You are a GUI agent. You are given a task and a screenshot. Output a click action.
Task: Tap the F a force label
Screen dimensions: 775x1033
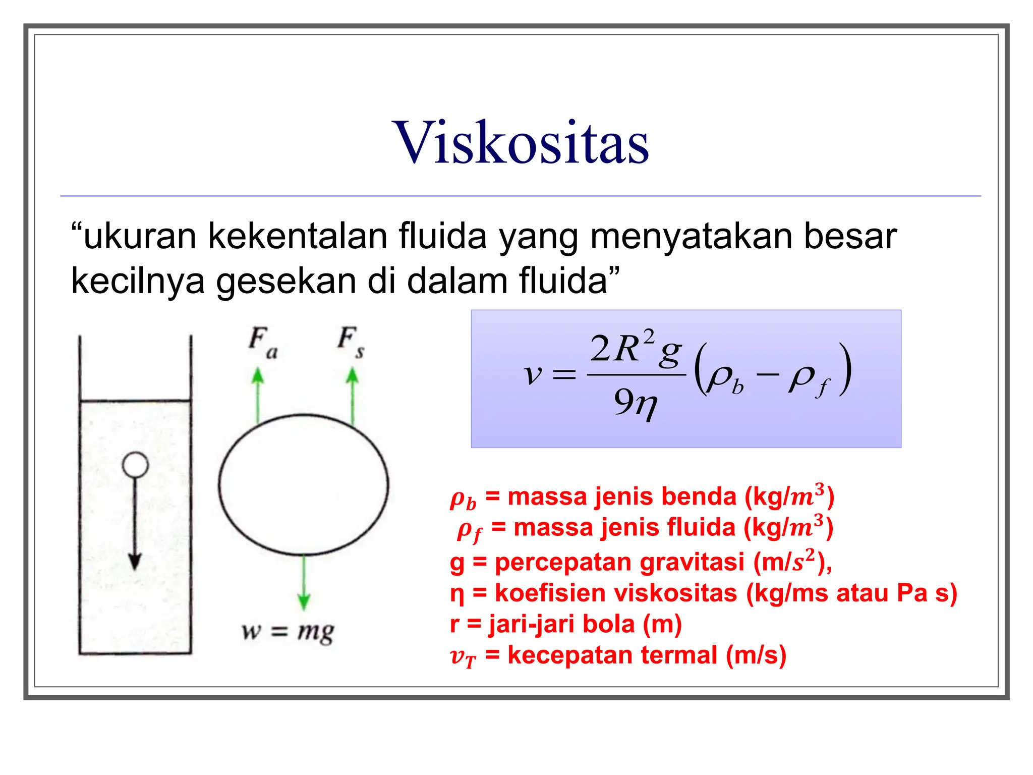click(263, 343)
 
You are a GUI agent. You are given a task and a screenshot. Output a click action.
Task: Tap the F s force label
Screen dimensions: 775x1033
click(351, 342)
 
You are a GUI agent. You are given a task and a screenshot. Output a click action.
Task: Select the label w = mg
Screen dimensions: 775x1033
click(288, 631)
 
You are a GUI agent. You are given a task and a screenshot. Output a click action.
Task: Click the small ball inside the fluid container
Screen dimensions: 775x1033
click(135, 465)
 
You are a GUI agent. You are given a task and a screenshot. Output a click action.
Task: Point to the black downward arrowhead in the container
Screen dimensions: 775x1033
click(135, 561)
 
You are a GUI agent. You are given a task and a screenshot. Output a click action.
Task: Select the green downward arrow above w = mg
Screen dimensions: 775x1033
click(304, 583)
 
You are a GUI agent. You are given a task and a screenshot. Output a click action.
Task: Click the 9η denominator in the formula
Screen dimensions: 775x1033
click(636, 404)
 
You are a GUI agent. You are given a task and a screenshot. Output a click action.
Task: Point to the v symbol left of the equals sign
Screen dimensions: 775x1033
click(533, 374)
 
